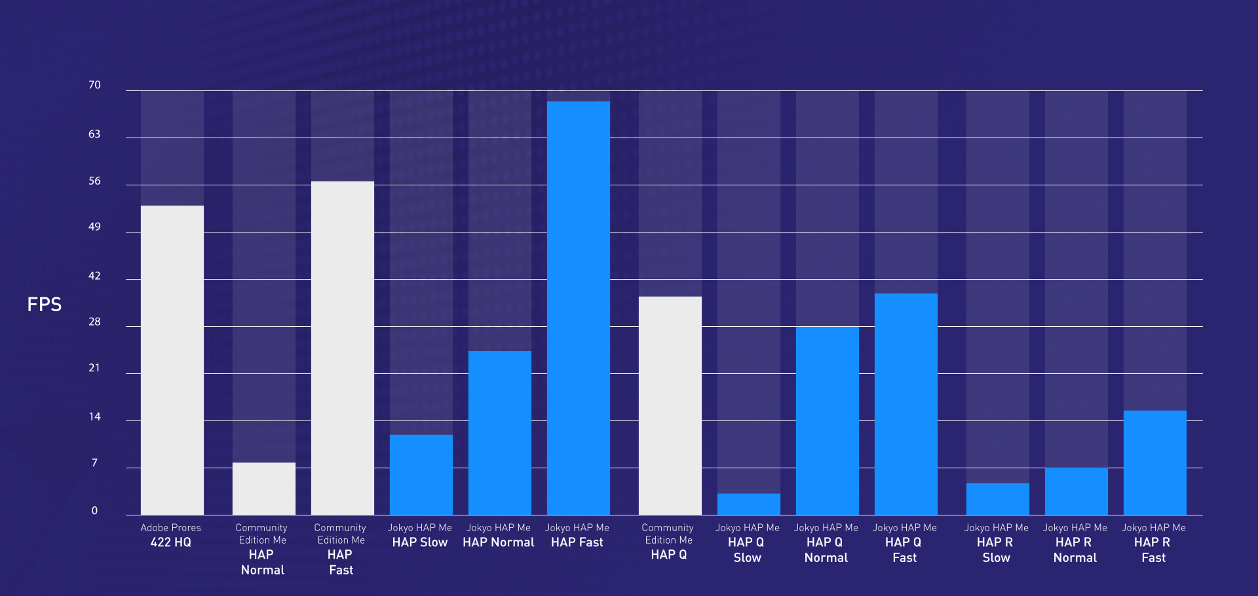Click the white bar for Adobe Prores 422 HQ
[172, 360]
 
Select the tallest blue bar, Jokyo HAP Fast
[579, 308]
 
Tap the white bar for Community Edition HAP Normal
[264, 489]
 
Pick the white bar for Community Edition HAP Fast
[343, 348]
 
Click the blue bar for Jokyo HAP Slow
[421, 475]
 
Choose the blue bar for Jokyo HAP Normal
[500, 433]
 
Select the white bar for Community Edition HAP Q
[670, 405]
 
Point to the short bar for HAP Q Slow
[749, 504]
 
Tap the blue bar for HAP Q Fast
[906, 404]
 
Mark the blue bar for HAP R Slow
[998, 499]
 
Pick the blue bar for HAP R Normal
[1077, 491]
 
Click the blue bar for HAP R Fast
[1155, 462]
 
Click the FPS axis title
[45, 305]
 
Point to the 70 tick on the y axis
[95, 85]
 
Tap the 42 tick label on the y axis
[95, 276]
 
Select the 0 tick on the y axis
[95, 511]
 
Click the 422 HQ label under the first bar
[171, 542]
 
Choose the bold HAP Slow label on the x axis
[420, 542]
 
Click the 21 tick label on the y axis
[95, 368]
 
